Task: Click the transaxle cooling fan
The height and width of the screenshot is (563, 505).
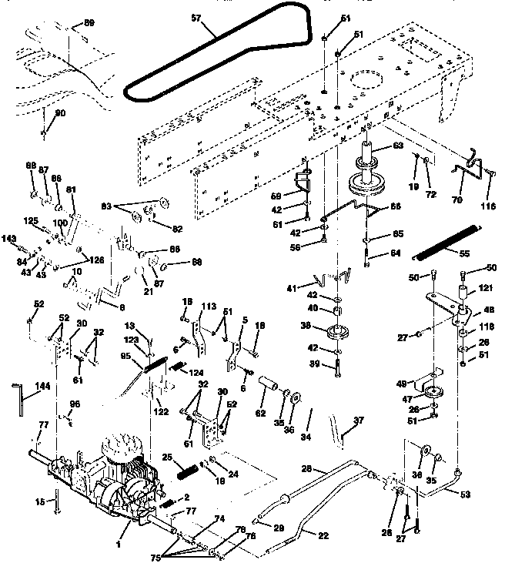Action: pyautogui.click(x=121, y=451)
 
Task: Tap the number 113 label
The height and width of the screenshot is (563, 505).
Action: pyautogui.click(x=206, y=307)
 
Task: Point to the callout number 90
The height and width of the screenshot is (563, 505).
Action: pyautogui.click(x=59, y=113)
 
